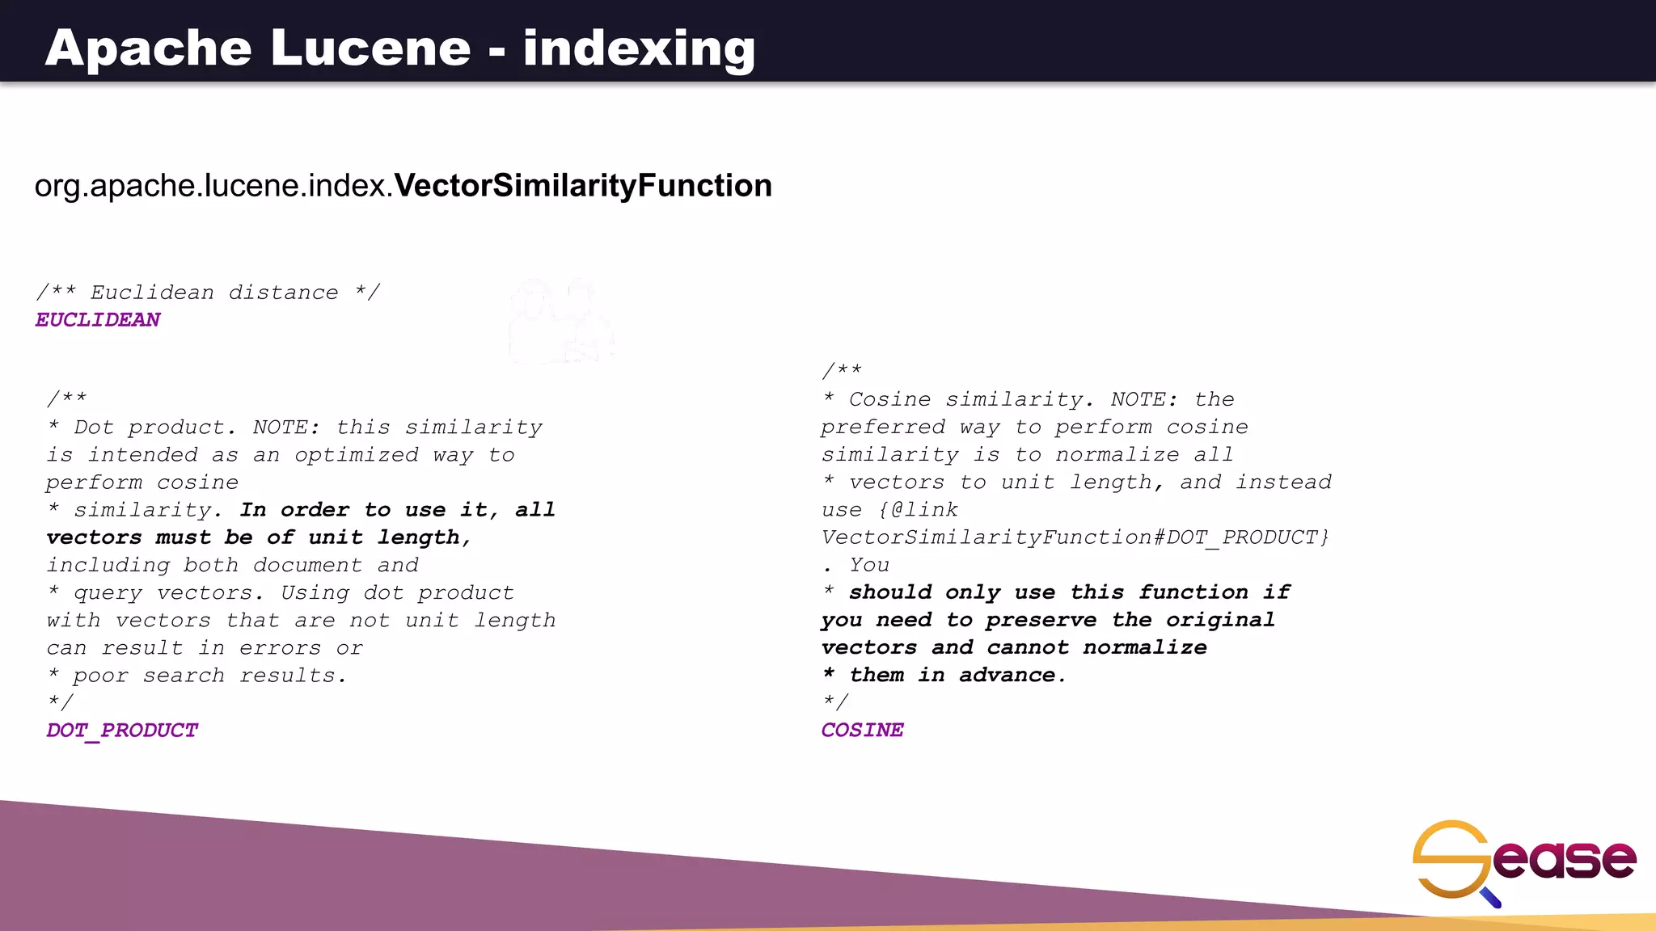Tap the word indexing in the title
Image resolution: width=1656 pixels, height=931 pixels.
[x=639, y=48]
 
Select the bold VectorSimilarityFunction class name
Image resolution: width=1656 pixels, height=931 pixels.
[x=583, y=186]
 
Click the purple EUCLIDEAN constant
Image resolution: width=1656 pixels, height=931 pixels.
[x=98, y=320]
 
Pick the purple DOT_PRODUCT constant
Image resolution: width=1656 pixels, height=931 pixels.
[x=122, y=731]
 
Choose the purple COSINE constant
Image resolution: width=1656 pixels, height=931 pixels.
[x=862, y=731]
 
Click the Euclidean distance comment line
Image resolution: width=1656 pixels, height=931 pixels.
[x=208, y=293]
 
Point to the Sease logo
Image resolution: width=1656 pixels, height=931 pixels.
[x=1523, y=861]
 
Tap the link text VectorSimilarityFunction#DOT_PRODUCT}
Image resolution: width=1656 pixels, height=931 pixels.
[x=1075, y=538]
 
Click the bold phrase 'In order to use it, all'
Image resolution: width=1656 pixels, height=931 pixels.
[x=397, y=510]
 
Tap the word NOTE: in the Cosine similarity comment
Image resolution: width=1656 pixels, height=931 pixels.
[x=1143, y=400]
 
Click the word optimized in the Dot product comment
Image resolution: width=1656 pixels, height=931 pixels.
[x=357, y=455]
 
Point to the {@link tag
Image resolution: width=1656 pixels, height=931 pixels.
[x=918, y=510]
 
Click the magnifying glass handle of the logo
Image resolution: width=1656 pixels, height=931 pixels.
[x=1490, y=897]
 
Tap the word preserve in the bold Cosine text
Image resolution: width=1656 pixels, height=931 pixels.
[x=1041, y=620]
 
